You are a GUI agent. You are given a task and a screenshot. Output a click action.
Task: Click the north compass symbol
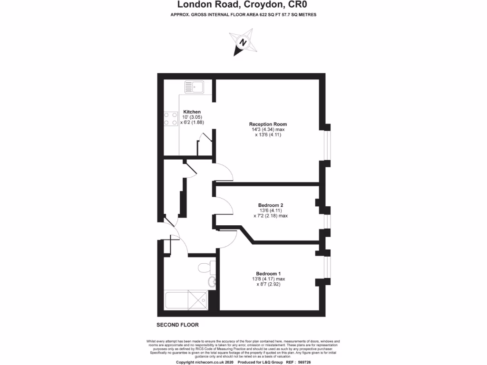(x=243, y=43)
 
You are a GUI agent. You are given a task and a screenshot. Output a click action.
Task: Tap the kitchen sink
(x=195, y=87)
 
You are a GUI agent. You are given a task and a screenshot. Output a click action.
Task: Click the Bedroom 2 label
(x=271, y=205)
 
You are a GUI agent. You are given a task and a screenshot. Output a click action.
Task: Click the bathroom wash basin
(x=212, y=282)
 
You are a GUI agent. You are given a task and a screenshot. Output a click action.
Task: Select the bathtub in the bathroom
(x=186, y=300)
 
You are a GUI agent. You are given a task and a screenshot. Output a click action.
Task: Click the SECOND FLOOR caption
(x=177, y=325)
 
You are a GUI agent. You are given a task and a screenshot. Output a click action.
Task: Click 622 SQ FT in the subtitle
(x=270, y=15)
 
